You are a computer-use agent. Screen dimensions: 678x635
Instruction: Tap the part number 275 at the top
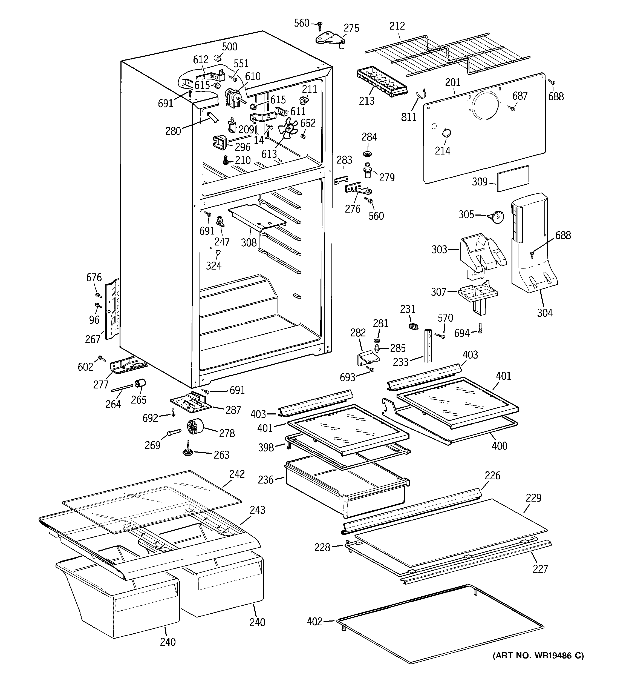(351, 28)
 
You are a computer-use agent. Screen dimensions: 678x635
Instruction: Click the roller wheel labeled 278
(195, 427)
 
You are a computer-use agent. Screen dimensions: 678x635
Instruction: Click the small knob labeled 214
(446, 133)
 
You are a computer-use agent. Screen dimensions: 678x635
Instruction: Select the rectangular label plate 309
(513, 178)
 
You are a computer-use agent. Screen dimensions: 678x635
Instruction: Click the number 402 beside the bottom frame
(314, 621)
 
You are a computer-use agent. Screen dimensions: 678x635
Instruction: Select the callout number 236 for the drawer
(266, 480)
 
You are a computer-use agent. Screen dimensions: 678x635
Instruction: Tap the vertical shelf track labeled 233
(428, 345)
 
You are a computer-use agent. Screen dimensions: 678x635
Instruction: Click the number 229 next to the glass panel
(533, 498)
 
